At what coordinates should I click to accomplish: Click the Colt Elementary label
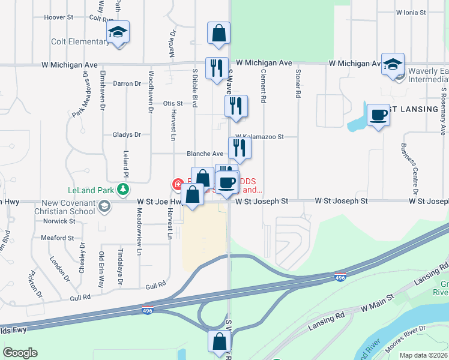point(80,41)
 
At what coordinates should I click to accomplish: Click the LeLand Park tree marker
point(123,190)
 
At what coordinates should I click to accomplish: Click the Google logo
point(20,353)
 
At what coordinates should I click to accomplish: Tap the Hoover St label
point(58,18)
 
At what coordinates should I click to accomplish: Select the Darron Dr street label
point(127,84)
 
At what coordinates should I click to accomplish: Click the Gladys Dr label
point(126,135)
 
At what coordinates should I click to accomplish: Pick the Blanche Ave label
point(205,154)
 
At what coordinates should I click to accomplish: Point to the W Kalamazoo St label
point(259,137)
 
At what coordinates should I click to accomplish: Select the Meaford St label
point(58,238)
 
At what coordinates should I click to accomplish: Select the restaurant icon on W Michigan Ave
point(216,67)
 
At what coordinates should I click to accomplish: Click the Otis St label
point(173,104)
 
